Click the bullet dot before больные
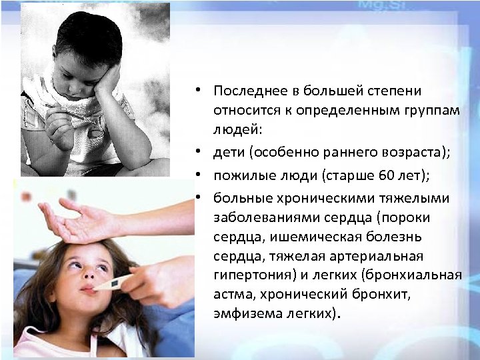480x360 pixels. coord(199,198)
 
